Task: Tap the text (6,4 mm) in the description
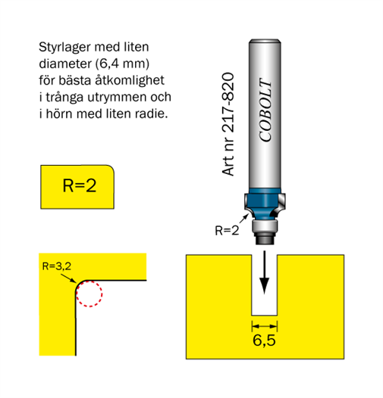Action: click(122, 64)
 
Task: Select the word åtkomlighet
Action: click(130, 80)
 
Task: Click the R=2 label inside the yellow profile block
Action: click(80, 185)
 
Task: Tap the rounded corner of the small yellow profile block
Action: click(110, 169)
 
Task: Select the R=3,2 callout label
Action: click(56, 266)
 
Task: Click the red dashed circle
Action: click(89, 281)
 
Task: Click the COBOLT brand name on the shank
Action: click(265, 110)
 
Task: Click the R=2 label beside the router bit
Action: click(227, 231)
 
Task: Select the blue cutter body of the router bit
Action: click(265, 204)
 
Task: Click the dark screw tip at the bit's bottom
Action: click(265, 238)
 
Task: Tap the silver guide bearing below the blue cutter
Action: click(265, 226)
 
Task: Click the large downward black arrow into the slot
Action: click(265, 272)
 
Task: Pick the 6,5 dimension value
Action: click(264, 340)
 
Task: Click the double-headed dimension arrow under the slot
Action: click(265, 326)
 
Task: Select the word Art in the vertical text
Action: click(228, 165)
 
